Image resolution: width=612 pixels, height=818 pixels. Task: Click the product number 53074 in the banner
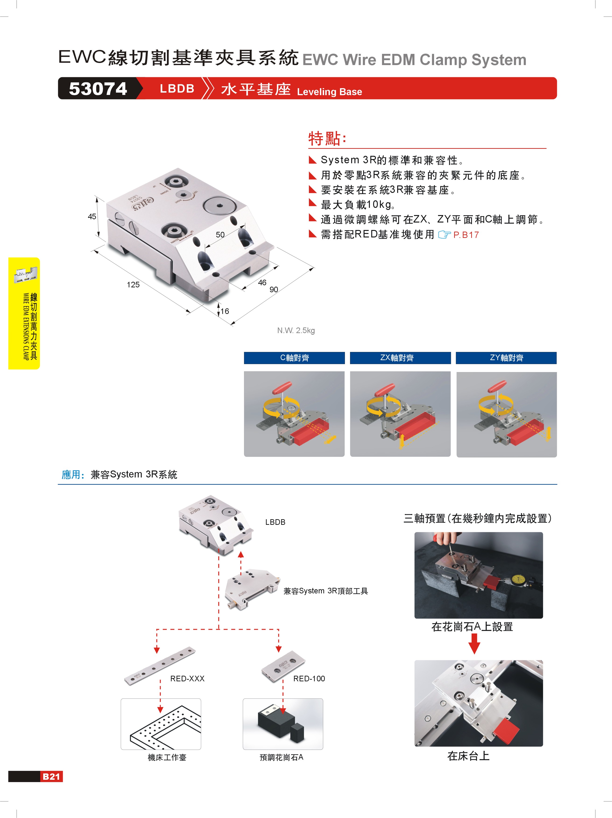(98, 89)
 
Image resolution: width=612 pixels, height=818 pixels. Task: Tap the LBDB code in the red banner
(177, 89)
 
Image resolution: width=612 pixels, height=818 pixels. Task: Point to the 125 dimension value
(133, 284)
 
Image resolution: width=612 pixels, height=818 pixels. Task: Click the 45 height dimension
(92, 216)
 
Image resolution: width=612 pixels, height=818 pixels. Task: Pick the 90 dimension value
(274, 289)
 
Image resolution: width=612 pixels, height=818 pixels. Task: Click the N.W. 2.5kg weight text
(296, 330)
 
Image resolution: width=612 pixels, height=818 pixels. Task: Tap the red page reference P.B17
(466, 235)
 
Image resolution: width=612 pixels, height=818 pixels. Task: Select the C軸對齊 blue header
(294, 358)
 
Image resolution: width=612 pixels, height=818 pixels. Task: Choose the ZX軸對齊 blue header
(400, 358)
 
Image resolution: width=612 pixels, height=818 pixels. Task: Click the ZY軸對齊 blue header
(506, 358)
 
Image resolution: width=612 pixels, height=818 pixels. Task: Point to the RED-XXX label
(187, 679)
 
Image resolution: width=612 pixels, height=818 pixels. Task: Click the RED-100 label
(309, 679)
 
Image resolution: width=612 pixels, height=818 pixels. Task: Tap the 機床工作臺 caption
(167, 757)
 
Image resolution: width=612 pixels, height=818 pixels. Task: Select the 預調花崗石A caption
(281, 757)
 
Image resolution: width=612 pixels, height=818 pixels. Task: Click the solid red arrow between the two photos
(474, 644)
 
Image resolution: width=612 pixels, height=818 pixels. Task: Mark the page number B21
(51, 776)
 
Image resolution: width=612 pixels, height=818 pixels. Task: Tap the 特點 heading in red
(327, 138)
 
